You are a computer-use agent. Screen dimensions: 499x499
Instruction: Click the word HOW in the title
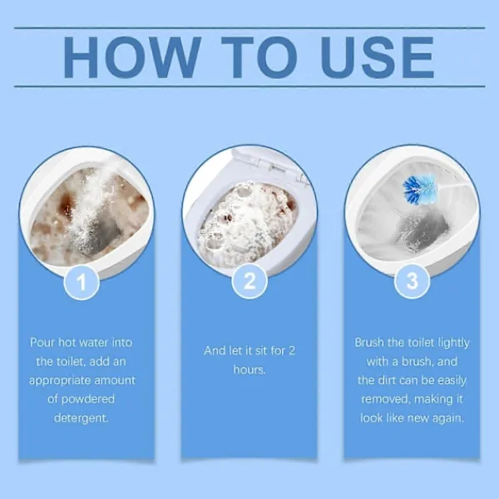tap(132, 57)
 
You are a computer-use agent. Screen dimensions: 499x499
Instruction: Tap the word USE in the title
tap(378, 57)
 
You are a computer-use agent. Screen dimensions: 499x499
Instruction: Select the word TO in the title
tap(259, 57)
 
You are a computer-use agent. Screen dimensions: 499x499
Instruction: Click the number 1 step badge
tap(82, 282)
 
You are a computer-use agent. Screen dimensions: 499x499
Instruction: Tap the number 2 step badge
tap(249, 281)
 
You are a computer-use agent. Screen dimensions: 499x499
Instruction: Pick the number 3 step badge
tap(413, 281)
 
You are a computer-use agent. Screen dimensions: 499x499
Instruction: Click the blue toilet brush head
tap(419, 190)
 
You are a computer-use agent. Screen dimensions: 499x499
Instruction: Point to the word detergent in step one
tap(81, 417)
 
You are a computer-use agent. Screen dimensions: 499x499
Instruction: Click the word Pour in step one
tap(42, 343)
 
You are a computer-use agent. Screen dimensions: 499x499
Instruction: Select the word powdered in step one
tap(88, 399)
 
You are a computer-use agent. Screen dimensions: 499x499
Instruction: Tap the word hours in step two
tap(249, 369)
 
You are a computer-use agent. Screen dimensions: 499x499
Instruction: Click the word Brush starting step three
tap(369, 343)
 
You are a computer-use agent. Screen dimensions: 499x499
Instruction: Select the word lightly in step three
tap(453, 343)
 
